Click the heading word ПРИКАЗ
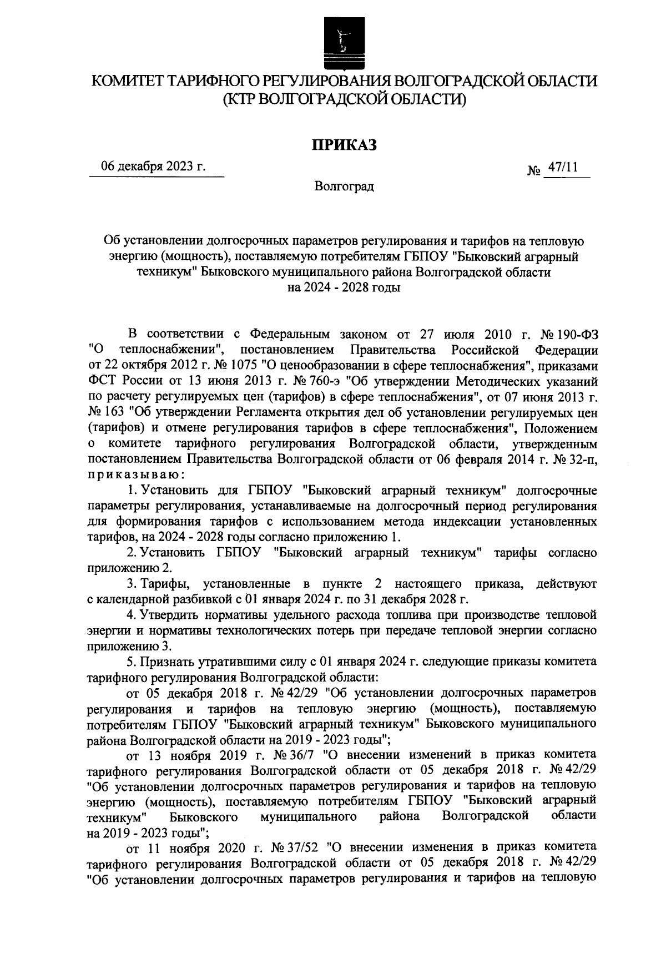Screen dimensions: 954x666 344,145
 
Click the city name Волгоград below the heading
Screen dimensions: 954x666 344,186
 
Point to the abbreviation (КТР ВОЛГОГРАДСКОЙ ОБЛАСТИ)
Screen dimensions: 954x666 344,99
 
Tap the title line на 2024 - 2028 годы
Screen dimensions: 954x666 344,287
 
